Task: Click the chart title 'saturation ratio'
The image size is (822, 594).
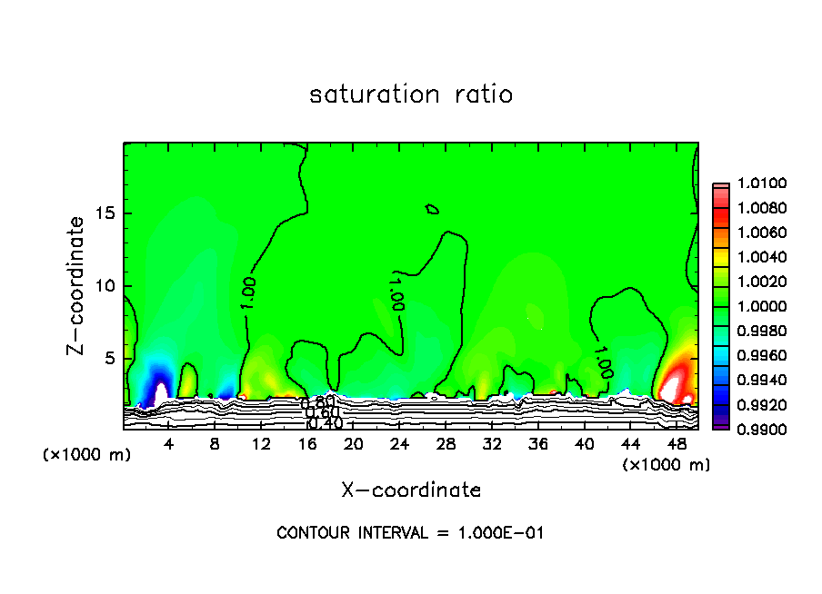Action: pos(411,94)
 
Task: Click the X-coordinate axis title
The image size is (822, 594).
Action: pos(411,490)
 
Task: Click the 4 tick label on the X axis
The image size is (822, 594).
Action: pos(168,445)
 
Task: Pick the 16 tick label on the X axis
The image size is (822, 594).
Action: pos(307,445)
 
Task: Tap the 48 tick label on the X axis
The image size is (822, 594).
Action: pos(677,445)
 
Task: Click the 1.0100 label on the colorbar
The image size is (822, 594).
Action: pos(754,184)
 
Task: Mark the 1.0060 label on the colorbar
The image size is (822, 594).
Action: pos(754,233)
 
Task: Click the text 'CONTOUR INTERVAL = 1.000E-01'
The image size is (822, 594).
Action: pos(410,533)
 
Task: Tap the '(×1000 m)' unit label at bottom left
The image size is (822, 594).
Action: pos(87,455)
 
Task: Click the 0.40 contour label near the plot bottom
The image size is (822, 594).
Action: pos(325,422)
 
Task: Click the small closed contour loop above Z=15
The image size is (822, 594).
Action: pos(433,209)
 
